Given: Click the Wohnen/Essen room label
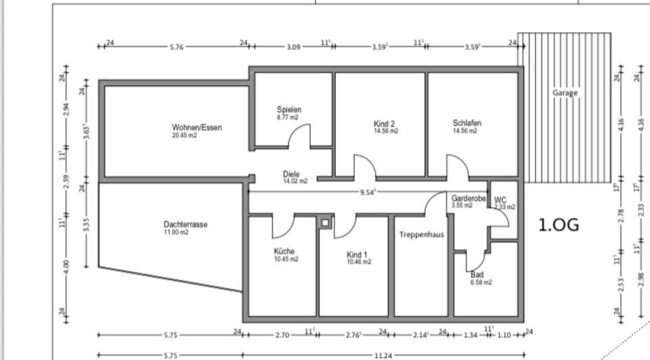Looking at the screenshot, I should click(196, 127).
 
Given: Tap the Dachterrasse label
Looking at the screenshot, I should click(185, 225).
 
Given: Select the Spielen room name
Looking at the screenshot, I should click(289, 110).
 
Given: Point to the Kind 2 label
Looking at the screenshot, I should click(384, 124).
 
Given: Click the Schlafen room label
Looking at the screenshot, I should click(467, 123).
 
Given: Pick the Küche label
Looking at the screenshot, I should click(284, 251).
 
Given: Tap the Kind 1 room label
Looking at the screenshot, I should click(357, 254).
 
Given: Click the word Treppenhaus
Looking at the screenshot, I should click(421, 235).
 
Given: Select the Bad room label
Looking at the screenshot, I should click(477, 275).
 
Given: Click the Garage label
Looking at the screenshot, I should click(565, 93).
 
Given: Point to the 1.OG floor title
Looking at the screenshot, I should click(559, 225).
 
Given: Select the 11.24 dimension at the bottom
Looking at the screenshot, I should click(383, 355).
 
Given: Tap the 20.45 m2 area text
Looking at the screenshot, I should click(184, 135).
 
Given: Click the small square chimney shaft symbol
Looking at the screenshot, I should click(326, 222).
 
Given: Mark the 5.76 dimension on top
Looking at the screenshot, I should click(176, 47).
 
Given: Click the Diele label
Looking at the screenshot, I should click(291, 174).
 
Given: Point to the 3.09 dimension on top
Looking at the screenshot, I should click(293, 47).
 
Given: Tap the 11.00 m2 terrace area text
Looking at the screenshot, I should click(175, 232).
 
